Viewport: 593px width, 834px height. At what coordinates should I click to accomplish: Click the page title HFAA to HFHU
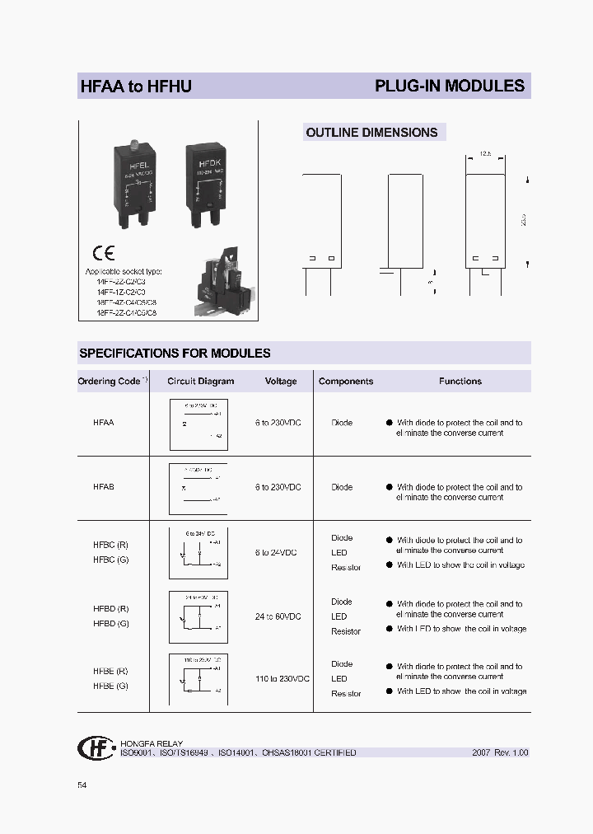click(135, 86)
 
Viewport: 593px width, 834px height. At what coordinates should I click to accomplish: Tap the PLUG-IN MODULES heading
click(449, 86)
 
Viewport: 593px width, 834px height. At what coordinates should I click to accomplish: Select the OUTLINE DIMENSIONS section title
click(371, 132)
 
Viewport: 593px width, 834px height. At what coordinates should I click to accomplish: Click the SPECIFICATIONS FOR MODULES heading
click(175, 353)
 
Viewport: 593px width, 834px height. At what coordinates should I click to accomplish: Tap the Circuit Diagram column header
click(200, 382)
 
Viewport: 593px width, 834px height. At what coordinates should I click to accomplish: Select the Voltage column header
click(280, 382)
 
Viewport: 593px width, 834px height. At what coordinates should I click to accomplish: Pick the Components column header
click(345, 382)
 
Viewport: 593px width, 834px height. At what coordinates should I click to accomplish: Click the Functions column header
click(460, 382)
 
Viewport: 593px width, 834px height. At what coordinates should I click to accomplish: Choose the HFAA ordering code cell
click(104, 422)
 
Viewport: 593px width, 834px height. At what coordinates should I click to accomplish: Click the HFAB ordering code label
click(104, 487)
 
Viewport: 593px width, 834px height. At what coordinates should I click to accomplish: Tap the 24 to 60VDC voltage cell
click(278, 616)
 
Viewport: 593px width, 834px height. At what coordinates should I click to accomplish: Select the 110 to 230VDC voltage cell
click(282, 679)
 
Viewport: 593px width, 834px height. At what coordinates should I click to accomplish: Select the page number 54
click(82, 785)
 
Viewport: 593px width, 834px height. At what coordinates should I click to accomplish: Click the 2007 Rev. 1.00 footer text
click(500, 752)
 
